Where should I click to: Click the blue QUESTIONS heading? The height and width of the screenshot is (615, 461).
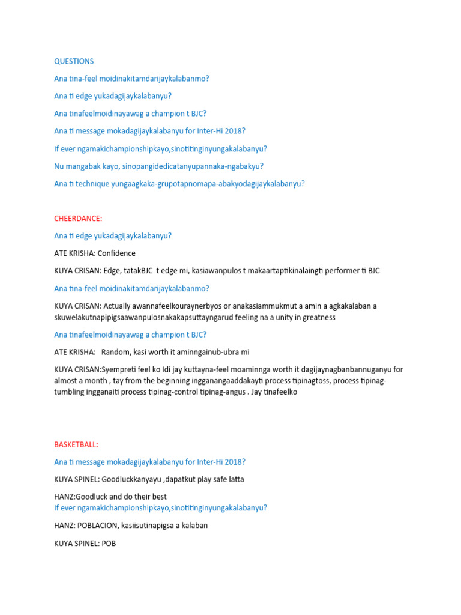click(74, 61)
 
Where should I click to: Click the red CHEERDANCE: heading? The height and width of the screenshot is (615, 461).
click(78, 219)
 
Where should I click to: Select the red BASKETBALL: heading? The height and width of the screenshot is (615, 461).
click(76, 444)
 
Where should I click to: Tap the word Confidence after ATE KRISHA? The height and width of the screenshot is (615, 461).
click(116, 253)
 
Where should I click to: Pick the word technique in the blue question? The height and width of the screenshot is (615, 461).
click(92, 184)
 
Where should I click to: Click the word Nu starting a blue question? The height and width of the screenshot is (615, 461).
click(59, 166)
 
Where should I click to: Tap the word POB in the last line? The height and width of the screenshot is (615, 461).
click(109, 543)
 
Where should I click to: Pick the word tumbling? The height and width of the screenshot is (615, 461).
click(71, 392)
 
